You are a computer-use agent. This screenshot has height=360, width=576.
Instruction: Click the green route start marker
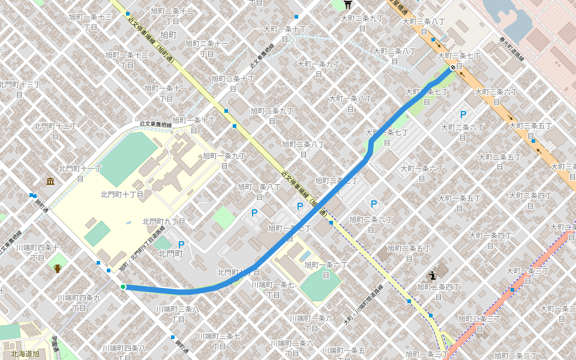[x=123, y=287]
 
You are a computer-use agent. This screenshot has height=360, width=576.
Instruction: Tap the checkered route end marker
[x=452, y=68]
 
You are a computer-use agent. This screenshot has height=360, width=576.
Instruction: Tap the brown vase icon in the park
[x=58, y=268]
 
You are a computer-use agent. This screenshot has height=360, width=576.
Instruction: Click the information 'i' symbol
[x=433, y=275]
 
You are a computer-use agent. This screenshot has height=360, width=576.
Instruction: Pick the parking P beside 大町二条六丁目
[x=463, y=114]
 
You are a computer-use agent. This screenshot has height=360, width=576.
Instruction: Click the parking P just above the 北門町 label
[x=181, y=244]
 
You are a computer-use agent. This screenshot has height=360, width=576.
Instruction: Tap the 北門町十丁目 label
[x=122, y=194]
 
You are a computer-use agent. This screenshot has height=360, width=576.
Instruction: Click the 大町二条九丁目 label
[x=362, y=23]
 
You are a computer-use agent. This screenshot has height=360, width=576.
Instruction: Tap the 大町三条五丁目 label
[x=530, y=130]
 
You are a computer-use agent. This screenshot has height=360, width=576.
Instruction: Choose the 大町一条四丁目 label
[x=491, y=240]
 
